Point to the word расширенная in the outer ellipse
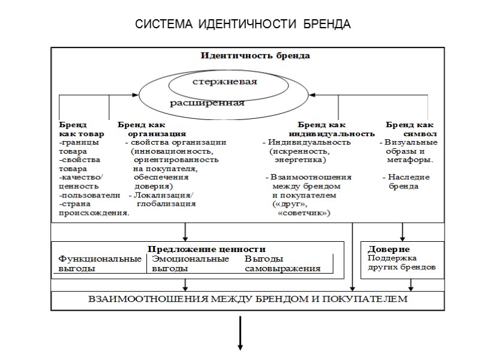point(208,102)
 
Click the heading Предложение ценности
point(206,248)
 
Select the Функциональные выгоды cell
point(99,263)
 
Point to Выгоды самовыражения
point(283,263)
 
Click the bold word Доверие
point(388,248)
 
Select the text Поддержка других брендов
point(401,262)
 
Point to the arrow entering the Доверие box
point(402,232)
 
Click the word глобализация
point(166,204)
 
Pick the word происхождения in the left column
point(94,213)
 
